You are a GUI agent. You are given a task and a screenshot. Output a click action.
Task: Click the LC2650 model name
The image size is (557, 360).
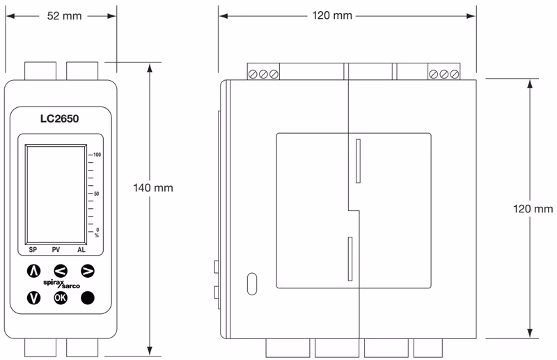pyautogui.click(x=59, y=118)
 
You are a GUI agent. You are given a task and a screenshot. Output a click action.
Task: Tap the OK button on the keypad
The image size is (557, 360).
pyautogui.click(x=61, y=297)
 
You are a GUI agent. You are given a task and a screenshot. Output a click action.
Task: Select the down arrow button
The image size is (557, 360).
pyautogui.click(x=33, y=297)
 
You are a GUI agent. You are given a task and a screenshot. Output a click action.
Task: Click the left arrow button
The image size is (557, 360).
pyautogui.click(x=61, y=271)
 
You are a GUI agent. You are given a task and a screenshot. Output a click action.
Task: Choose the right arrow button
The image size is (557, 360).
pyautogui.click(x=88, y=271)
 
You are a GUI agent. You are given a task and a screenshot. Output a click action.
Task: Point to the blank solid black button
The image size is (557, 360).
pyautogui.click(x=88, y=297)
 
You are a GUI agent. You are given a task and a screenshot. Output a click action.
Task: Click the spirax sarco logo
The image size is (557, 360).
pyautogui.click(x=61, y=284)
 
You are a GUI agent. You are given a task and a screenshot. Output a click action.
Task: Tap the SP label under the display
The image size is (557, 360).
pyautogui.click(x=33, y=250)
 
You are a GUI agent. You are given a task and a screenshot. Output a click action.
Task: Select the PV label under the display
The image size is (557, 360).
pyautogui.click(x=56, y=250)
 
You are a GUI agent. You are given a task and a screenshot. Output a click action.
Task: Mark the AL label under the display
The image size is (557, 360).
pyautogui.click(x=81, y=250)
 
